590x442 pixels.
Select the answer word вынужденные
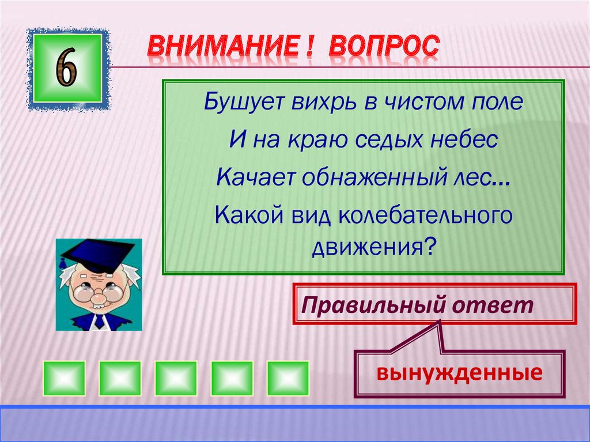459,373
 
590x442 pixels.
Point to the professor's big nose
100,297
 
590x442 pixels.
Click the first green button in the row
63,378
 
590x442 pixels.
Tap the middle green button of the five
176,378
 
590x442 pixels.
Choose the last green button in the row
288,378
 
